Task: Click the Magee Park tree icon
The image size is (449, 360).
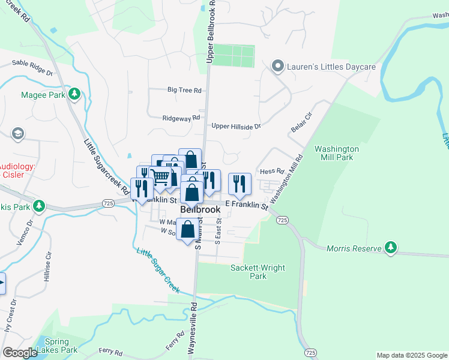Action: [x=74, y=94]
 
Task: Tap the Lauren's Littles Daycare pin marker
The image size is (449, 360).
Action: [x=277, y=66]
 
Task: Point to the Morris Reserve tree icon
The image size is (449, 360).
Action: [x=391, y=247]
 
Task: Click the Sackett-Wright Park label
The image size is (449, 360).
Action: [x=258, y=272]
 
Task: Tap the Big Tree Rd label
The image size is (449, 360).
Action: [x=184, y=90]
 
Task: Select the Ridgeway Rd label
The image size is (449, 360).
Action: [x=181, y=119]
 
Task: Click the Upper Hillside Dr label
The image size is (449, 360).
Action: [x=236, y=126]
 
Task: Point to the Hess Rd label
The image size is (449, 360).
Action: [x=271, y=172]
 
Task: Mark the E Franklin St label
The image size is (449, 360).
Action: [x=246, y=205]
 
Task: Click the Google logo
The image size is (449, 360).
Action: [x=20, y=353]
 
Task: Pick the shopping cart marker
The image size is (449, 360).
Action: [x=160, y=177]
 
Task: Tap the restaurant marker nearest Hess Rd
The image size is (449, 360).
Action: [x=240, y=184]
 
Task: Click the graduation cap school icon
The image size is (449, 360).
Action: [x=18, y=133]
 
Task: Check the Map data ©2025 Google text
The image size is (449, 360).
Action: [x=411, y=355]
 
